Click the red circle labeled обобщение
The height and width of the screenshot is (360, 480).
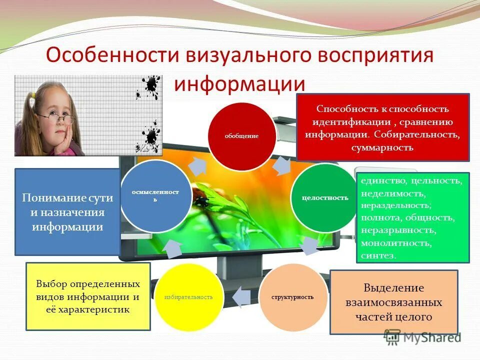[241, 136]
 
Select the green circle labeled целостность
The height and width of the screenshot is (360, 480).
[324, 197]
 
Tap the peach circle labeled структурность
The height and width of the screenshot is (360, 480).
[292, 297]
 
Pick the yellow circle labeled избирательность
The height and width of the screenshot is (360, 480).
[188, 297]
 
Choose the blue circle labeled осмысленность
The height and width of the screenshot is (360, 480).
[155, 195]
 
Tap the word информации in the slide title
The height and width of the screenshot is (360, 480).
[239, 83]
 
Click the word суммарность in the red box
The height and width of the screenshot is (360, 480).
[382, 147]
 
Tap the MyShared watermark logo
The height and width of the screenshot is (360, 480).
[422, 336]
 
